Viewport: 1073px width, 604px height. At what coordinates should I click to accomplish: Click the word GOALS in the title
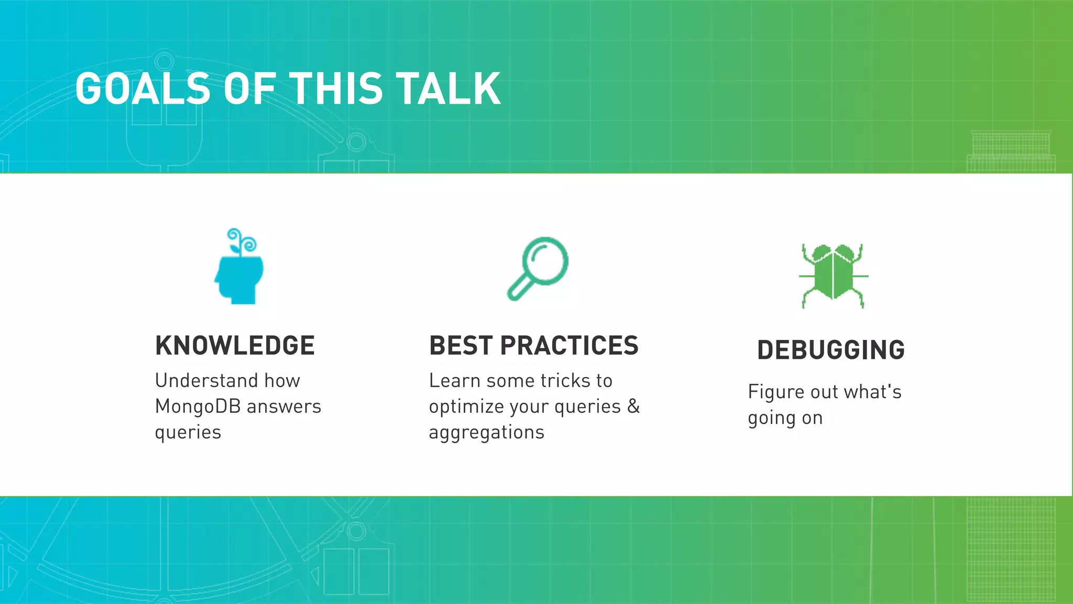point(143,89)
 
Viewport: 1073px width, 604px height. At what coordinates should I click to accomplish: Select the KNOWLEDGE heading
point(235,346)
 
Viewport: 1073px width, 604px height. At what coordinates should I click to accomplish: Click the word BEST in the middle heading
point(461,346)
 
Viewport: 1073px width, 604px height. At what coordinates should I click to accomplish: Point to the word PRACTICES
point(569,346)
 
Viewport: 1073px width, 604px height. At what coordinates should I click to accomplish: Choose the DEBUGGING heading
point(831,350)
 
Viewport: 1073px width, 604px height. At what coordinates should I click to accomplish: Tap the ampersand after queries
point(633,406)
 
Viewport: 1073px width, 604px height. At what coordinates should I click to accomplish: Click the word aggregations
point(486,433)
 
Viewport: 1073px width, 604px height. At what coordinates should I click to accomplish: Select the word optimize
point(466,407)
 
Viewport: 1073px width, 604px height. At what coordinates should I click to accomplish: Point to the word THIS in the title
point(336,89)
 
